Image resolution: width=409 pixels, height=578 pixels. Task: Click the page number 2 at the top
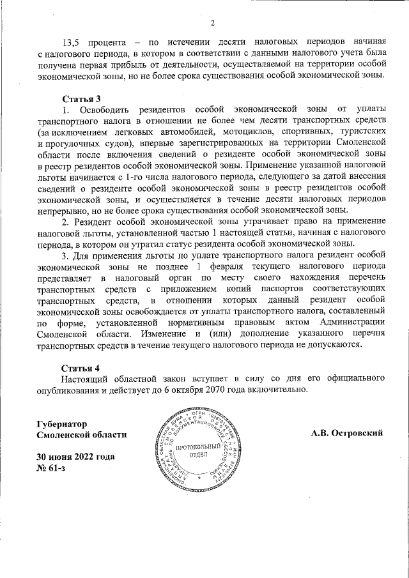point(212,24)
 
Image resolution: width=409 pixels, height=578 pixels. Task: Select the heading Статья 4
point(81,369)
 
